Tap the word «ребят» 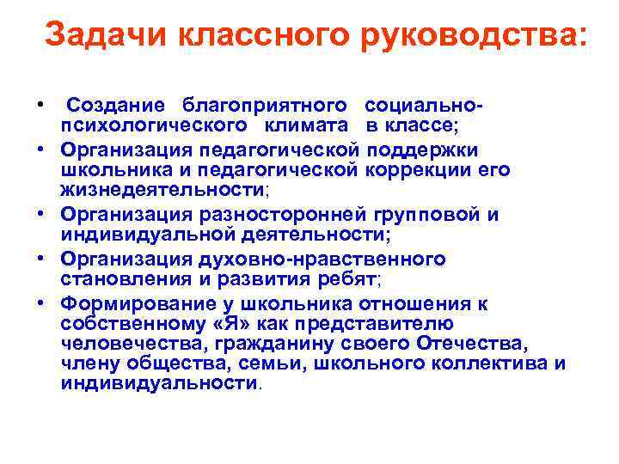pyautogui.click(x=346, y=278)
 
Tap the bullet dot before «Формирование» pyautogui.click(x=40, y=302)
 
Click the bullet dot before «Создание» pyautogui.click(x=40, y=105)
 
